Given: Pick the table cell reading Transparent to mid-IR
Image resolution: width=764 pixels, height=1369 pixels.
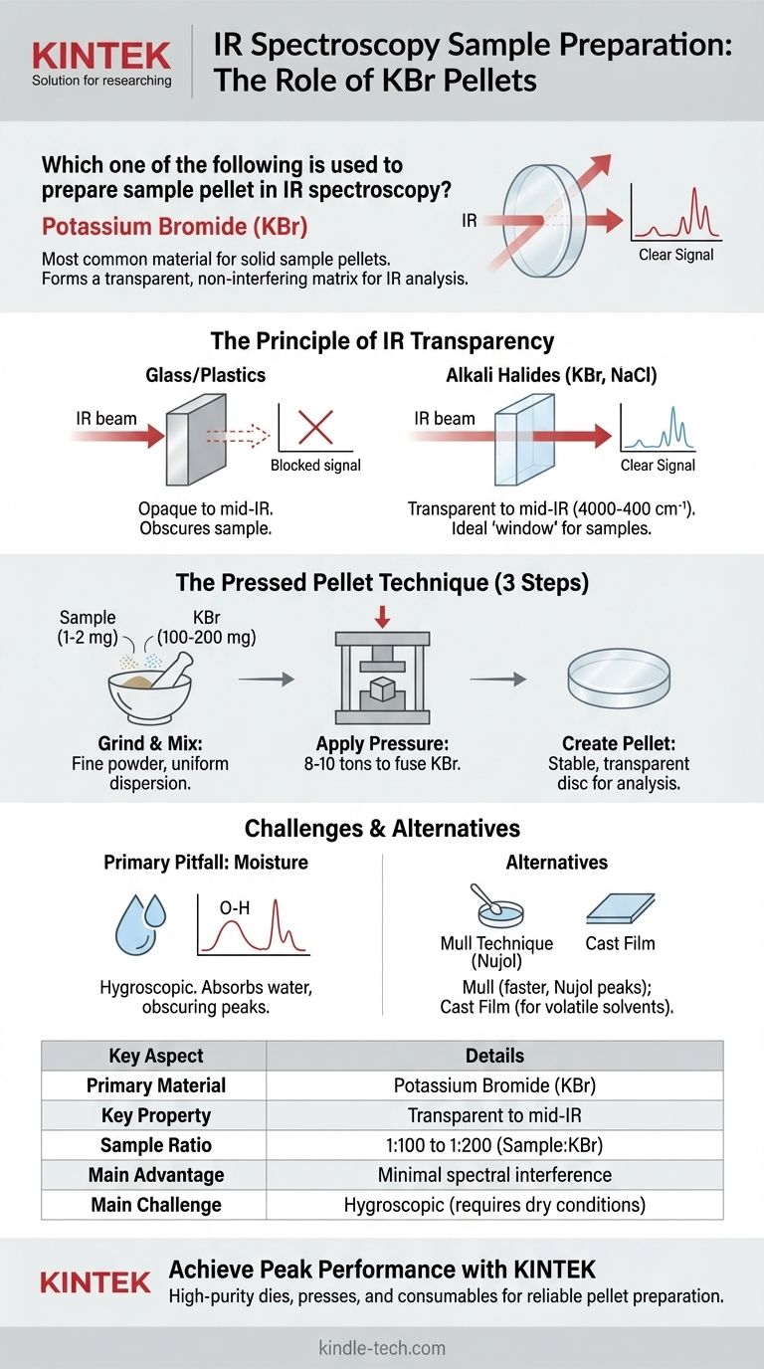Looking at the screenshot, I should (494, 1115).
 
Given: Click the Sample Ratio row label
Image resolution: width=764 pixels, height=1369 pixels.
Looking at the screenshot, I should (156, 1145).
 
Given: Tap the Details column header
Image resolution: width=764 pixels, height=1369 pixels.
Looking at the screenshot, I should (494, 1056).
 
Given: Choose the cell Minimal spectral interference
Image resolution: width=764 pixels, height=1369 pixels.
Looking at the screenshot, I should (494, 1175).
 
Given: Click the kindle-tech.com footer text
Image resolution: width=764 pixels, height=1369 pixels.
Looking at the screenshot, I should (382, 1348).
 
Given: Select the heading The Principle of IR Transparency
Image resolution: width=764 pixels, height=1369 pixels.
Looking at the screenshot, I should (382, 341).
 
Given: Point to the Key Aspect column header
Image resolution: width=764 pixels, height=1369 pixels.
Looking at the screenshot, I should (156, 1056).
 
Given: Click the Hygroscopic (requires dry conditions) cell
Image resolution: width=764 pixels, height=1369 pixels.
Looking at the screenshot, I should (494, 1205).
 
